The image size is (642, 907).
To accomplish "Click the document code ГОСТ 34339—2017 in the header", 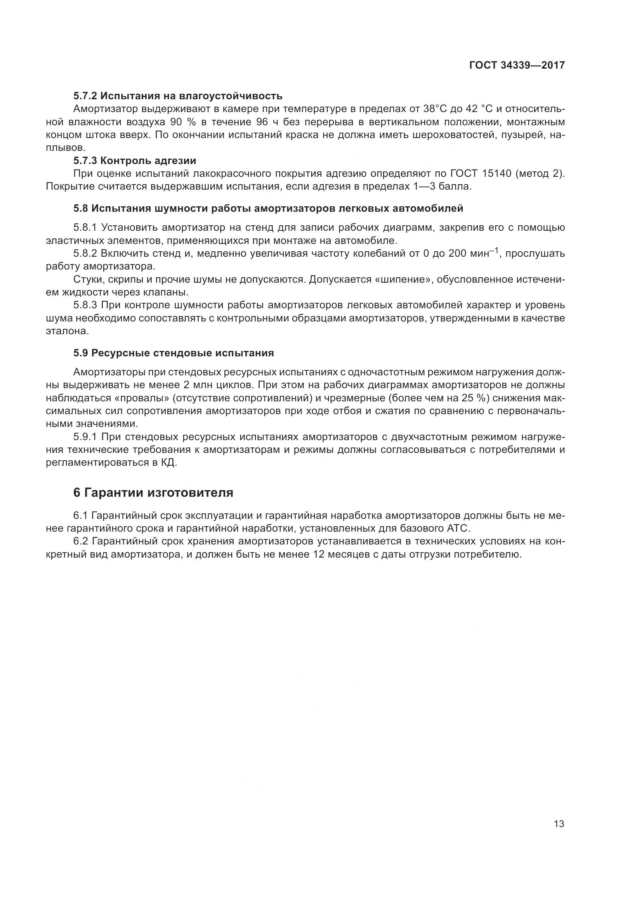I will point(517,66).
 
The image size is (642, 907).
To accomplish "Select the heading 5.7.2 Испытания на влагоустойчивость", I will point(177,96).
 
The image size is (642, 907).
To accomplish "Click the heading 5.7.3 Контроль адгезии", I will point(134,161).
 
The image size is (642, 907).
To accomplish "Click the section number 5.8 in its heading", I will point(81,209).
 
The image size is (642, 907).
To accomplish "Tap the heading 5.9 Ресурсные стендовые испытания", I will point(174,353).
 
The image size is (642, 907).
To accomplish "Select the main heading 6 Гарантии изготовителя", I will point(153,492).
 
